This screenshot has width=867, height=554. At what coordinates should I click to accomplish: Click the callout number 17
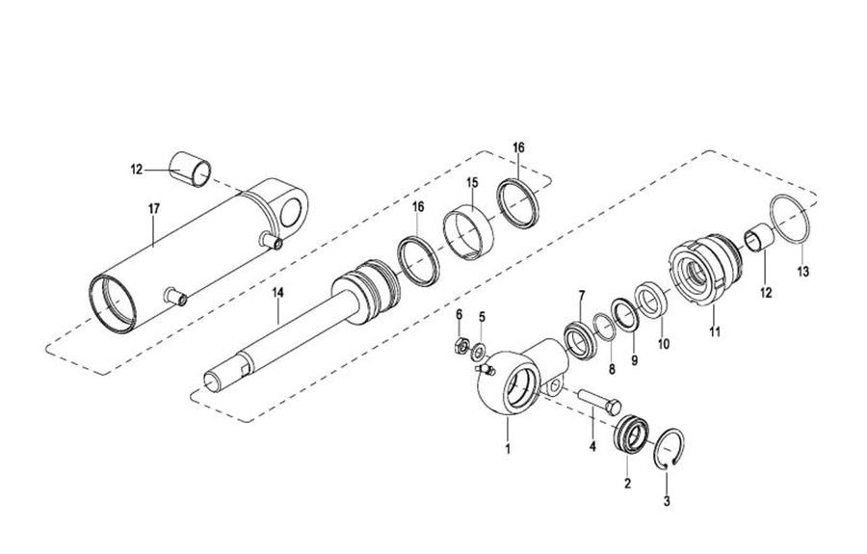point(154,209)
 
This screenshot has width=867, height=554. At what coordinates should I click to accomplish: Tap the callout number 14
point(277,293)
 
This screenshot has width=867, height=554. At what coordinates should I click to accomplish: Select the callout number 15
point(472,182)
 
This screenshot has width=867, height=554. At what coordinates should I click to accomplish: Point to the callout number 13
point(802,272)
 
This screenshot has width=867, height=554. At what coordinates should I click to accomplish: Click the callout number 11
point(715,331)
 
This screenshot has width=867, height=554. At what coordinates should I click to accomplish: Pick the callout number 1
point(508,448)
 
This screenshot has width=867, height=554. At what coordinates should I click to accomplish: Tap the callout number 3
point(667,501)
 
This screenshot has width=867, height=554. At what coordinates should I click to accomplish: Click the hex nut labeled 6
point(460,347)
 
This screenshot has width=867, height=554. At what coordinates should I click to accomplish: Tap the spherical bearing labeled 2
point(630,435)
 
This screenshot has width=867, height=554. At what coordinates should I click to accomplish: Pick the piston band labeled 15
point(468,231)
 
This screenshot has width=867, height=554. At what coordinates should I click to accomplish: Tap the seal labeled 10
point(652,301)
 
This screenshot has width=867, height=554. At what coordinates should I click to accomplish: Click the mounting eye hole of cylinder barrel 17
point(290,213)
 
